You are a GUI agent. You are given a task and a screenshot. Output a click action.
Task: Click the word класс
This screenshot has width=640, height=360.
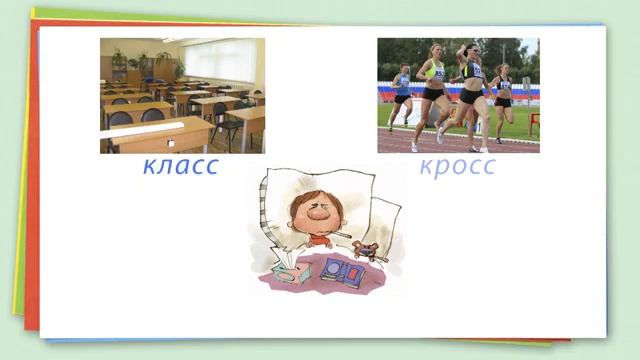pyautogui.click(x=180, y=166)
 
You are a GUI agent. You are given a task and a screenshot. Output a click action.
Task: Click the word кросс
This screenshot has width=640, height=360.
pyautogui.click(x=457, y=166)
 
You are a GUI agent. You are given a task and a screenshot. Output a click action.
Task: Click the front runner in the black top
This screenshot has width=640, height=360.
pyautogui.click(x=470, y=85)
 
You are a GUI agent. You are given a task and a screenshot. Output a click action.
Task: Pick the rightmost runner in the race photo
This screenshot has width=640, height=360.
pyautogui.click(x=504, y=95)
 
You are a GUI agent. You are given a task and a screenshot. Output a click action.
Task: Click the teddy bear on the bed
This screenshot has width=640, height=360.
pyautogui.click(x=365, y=251)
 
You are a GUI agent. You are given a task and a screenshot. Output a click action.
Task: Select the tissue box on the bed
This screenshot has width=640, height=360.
pyautogui.click(x=292, y=270)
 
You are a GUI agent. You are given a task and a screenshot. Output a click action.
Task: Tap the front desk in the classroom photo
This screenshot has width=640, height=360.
pyautogui.click(x=160, y=134)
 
